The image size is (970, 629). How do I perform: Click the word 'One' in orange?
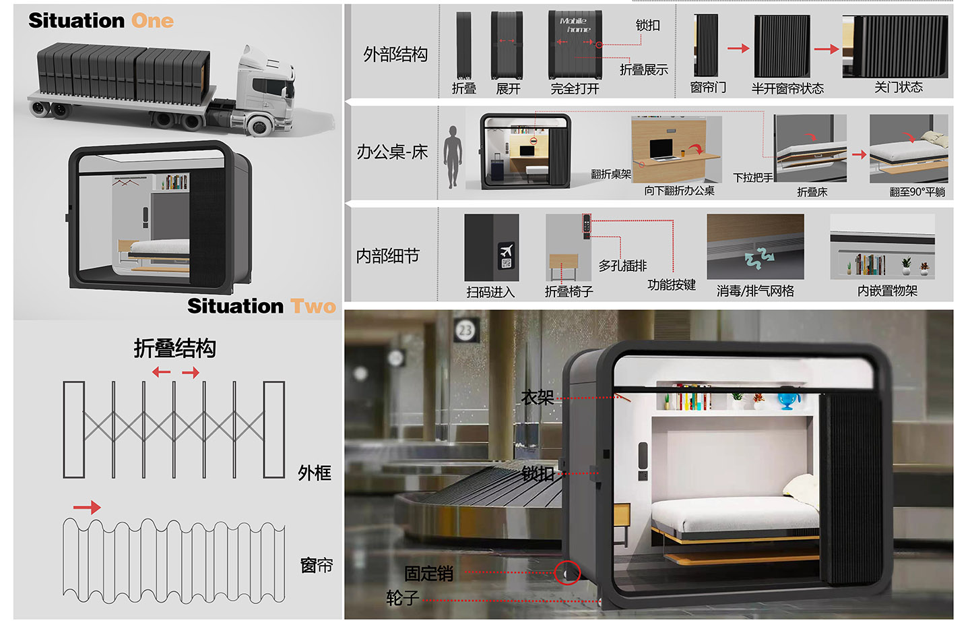[152, 21]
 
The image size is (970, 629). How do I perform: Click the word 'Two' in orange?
[313, 306]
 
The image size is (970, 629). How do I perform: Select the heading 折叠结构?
[174, 349]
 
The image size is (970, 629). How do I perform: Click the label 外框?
[315, 473]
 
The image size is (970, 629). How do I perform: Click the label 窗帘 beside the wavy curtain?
[316, 565]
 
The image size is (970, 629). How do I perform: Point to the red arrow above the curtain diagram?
[87, 507]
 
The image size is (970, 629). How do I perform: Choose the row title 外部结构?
[395, 54]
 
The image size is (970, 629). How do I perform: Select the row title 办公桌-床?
[392, 152]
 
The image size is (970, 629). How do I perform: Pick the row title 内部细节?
[388, 256]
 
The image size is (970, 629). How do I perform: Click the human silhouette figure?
[453, 156]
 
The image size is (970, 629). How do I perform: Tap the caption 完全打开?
[575, 88]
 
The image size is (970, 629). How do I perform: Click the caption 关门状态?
[898, 87]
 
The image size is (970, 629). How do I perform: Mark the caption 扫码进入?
[490, 292]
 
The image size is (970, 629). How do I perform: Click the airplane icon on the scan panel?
[506, 251]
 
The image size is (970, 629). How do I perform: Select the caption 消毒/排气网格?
[755, 291]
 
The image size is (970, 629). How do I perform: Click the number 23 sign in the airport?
[465, 330]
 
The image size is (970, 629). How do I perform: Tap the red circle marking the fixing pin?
[567, 573]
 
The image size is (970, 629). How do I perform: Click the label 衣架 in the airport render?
[537, 398]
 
